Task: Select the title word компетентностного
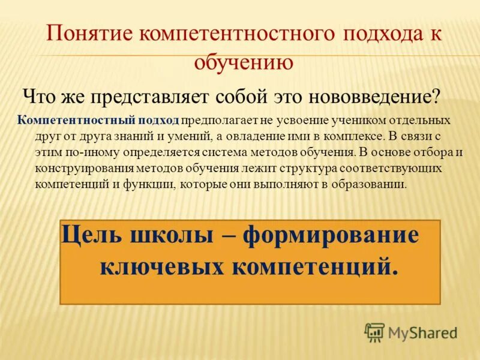pyautogui.click(x=236, y=33)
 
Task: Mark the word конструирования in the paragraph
pyautogui.click(x=74, y=168)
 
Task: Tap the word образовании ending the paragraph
pyautogui.click(x=371, y=184)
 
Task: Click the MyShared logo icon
pyautogui.click(x=375, y=332)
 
